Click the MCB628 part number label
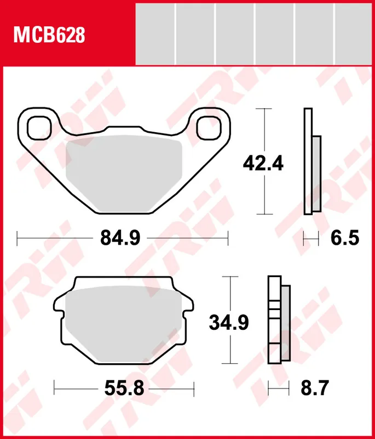[49, 36]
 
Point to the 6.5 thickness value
[344, 238]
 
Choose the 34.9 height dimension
[229, 322]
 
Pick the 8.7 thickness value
[314, 389]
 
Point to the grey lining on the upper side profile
[316, 173]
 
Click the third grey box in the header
[234, 33]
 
